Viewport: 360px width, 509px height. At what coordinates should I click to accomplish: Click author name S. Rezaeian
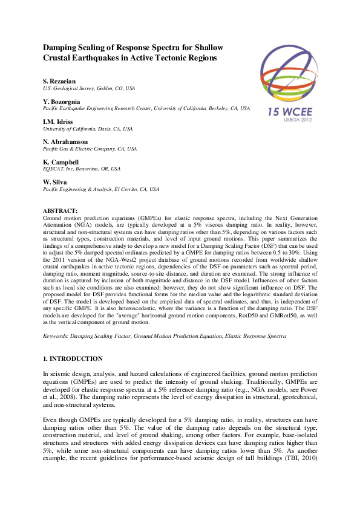pos(59,81)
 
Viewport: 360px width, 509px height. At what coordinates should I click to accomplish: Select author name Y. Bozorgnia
pos(61,102)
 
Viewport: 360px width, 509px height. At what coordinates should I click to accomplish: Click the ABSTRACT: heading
pos(61,210)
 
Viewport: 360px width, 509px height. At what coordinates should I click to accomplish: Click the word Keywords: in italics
pos(57,334)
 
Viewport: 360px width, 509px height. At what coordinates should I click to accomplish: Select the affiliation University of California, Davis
pos(88,129)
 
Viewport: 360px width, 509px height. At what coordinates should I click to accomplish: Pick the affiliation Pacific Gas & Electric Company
pos(90,149)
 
